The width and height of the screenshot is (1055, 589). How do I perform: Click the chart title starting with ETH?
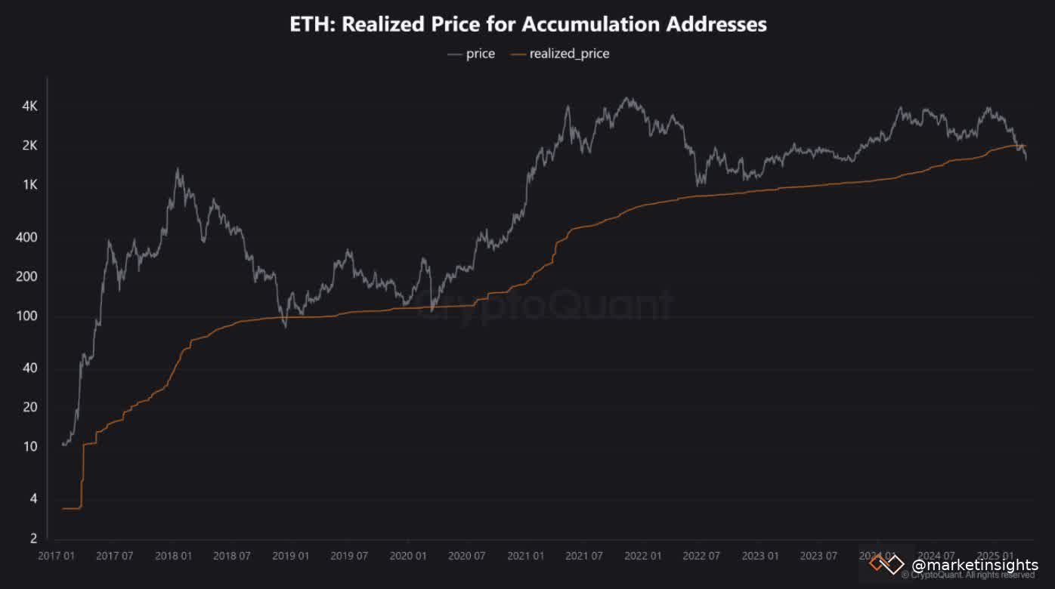coord(527,24)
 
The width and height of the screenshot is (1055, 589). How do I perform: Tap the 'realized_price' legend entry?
coord(560,54)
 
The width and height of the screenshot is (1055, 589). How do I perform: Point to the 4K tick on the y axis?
coord(28,106)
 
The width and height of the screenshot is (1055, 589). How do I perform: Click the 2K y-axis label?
coord(28,146)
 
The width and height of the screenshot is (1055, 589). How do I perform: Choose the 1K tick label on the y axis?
coord(28,185)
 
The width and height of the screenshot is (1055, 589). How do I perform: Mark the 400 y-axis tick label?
coord(26,237)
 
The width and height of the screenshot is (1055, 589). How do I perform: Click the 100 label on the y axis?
coord(26,316)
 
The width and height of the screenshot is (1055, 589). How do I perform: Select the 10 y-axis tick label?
coord(29,447)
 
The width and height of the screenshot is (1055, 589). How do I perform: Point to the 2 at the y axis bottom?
coord(32,538)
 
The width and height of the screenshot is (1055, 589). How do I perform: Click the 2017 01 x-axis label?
coord(57,556)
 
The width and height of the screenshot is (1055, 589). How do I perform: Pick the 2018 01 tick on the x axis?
coord(174,556)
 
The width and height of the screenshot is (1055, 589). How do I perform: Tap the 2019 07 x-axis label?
coord(350,556)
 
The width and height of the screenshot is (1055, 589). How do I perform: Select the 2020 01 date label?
coord(408,556)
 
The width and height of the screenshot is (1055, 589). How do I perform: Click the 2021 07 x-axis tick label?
coord(584,556)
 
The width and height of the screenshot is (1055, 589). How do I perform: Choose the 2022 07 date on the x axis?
coord(701,556)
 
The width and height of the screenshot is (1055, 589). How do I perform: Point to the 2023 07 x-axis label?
coord(818,556)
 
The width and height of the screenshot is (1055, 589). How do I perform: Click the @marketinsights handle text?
coord(975,565)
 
